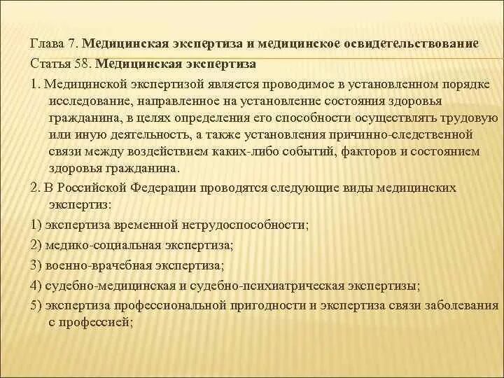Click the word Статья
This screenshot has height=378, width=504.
[x=50, y=64]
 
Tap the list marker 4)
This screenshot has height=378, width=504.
[x=36, y=286]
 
